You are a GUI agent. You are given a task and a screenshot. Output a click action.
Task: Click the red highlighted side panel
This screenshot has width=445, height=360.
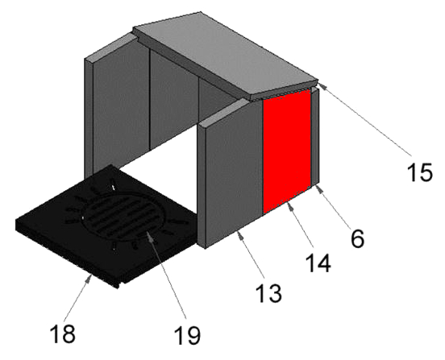tap(287, 151)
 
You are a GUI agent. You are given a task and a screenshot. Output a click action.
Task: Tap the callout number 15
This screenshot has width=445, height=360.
tap(420, 172)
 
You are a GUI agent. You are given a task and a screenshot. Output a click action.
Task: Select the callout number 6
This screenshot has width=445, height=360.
tap(357, 238)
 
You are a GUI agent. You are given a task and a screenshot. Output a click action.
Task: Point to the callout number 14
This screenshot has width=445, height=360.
tap(318, 263)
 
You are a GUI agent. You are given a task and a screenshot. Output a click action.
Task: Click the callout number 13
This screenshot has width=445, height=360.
tap(268, 292)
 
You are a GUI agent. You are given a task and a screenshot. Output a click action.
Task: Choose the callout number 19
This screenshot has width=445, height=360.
tap(188, 335)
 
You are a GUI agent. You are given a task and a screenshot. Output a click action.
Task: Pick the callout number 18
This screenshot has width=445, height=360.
tap(63, 333)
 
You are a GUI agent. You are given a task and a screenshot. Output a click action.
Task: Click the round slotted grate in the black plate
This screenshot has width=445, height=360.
tap(120, 215)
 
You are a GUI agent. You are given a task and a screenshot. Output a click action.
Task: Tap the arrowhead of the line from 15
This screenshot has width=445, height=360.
tap(322, 85)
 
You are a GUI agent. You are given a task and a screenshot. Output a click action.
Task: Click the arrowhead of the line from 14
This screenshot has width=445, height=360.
tap(290, 207)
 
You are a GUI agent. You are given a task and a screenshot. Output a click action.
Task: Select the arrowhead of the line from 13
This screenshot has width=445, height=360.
tap(239, 235)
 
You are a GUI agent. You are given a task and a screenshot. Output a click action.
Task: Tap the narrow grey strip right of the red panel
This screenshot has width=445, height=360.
tap(315, 137)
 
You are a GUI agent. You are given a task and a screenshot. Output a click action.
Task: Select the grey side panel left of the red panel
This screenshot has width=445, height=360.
tap(231, 173)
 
